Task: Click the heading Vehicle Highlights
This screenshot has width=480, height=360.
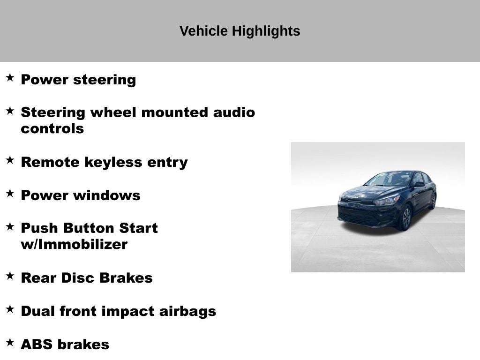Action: (240, 31)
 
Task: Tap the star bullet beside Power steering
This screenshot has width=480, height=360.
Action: (10, 78)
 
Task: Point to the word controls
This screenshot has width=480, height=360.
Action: (52, 129)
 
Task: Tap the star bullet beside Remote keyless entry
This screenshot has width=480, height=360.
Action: (10, 160)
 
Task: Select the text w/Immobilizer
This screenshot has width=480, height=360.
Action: (74, 245)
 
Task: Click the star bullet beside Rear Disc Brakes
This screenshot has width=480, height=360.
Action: (10, 276)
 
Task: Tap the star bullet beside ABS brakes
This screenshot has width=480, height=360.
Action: (10, 343)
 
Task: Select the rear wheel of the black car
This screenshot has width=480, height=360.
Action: (433, 201)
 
